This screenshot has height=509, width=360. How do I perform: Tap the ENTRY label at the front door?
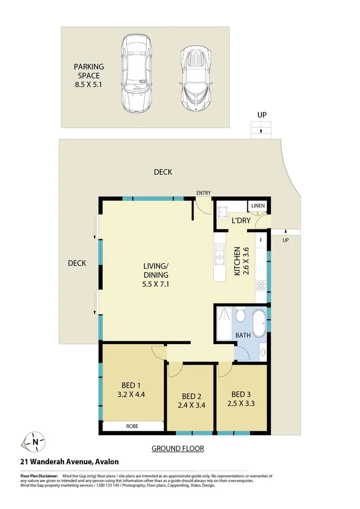204,193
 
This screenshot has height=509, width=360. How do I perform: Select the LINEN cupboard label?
258,206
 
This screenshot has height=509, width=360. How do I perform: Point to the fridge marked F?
261,240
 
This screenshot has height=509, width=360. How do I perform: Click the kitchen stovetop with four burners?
261,285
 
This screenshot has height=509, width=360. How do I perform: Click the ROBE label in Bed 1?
132,426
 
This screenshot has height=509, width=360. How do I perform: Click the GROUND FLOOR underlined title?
178,448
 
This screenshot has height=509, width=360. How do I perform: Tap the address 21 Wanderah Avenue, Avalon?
69,462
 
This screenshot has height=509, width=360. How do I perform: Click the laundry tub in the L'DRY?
222,211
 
